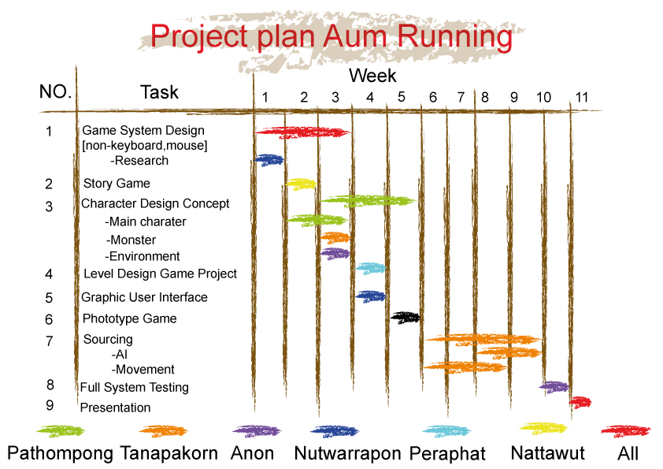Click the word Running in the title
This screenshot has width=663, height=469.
click(x=454, y=36)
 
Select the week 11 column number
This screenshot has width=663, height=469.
click(x=582, y=98)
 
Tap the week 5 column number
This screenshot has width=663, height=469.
click(x=402, y=97)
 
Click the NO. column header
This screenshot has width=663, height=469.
click(x=55, y=91)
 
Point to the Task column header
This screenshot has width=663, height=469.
click(x=159, y=92)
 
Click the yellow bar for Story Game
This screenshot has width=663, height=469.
click(x=301, y=184)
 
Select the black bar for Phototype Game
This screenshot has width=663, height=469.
click(x=405, y=317)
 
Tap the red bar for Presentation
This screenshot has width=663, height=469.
click(x=580, y=402)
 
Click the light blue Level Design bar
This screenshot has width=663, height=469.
click(x=370, y=268)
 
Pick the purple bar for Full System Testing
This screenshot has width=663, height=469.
click(x=554, y=387)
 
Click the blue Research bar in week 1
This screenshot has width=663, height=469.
click(x=269, y=160)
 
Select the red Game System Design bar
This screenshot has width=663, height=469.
click(x=302, y=132)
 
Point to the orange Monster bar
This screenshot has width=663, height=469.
click(x=335, y=237)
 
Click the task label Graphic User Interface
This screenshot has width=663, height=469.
click(x=144, y=297)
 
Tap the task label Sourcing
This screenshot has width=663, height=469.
click(x=108, y=340)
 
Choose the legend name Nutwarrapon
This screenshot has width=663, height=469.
click(x=347, y=453)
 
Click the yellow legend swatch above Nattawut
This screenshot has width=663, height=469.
click(x=543, y=428)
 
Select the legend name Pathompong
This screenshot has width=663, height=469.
click(x=60, y=454)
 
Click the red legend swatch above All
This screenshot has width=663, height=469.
click(x=626, y=431)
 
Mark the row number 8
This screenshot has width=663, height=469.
click(x=50, y=385)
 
